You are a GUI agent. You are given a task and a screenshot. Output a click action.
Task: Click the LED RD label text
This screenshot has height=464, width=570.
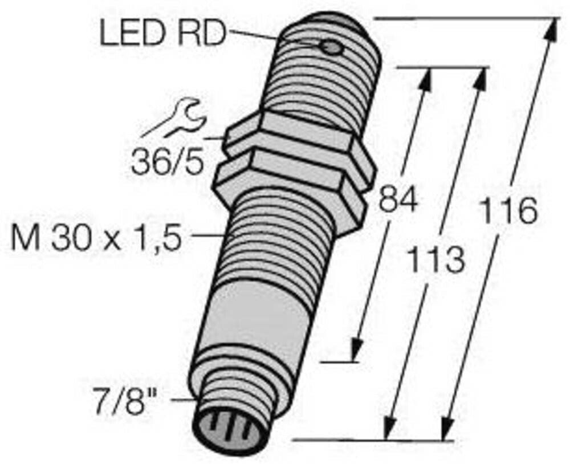[162, 34]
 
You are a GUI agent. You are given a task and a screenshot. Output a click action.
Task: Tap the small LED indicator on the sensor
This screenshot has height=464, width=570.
[330, 48]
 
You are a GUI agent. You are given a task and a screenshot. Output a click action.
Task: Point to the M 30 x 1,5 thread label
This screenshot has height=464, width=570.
[96, 237]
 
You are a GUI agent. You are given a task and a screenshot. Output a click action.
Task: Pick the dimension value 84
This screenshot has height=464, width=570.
[397, 200]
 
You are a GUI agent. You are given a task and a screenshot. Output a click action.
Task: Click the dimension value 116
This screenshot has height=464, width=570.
[509, 210]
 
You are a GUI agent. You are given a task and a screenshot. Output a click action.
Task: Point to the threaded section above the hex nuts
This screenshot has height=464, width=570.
[319, 80]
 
